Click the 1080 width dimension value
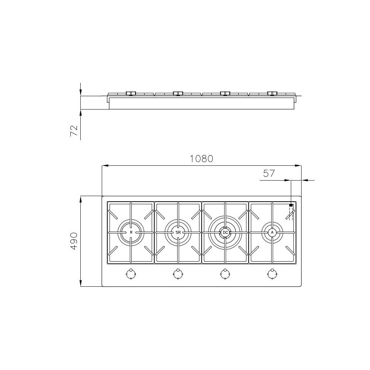(202, 159)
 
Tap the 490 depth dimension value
(74, 241)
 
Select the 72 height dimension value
(74, 131)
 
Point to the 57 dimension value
(269, 173)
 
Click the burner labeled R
(131, 232)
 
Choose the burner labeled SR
(178, 232)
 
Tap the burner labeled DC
(225, 232)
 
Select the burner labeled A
(272, 232)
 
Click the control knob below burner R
(130, 274)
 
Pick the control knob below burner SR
(178, 274)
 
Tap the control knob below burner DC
(225, 274)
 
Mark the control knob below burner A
(272, 274)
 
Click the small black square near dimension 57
(291, 205)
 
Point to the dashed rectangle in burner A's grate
(291, 214)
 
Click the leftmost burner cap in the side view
(131, 93)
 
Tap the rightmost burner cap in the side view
(272, 93)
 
